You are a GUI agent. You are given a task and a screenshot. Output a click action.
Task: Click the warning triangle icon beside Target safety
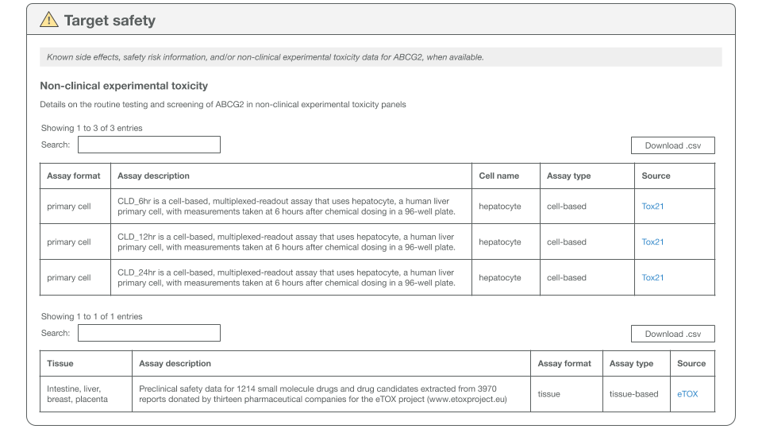[x=49, y=20]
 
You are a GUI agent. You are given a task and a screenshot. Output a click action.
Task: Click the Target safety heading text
[x=110, y=21]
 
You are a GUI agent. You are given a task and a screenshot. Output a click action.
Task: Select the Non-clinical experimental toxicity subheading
[x=124, y=86]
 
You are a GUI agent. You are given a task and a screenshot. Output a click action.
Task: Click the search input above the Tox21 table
[x=148, y=145]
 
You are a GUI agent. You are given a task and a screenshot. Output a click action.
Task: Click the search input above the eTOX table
[x=148, y=333]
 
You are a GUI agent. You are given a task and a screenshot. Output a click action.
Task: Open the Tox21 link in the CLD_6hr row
[x=652, y=207]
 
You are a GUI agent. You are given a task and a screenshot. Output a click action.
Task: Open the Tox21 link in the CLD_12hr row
[x=652, y=242]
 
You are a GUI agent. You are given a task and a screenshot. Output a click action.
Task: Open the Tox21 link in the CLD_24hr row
[x=652, y=278]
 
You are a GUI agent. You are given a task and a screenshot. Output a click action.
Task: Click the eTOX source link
[x=687, y=394]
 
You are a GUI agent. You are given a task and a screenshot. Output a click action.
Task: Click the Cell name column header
[x=498, y=176]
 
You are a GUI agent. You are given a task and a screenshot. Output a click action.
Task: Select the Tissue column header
[x=60, y=364]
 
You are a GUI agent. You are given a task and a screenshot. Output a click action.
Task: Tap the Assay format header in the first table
[x=74, y=176]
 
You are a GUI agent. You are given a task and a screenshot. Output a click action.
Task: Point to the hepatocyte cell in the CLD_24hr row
[x=500, y=278]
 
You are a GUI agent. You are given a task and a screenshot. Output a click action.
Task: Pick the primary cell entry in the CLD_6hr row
[x=69, y=207]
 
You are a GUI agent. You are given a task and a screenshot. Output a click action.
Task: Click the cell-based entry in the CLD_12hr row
[x=567, y=242]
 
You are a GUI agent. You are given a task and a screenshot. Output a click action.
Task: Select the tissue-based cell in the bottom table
[x=633, y=394]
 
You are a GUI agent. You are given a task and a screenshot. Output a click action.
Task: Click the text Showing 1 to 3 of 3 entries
[x=92, y=128]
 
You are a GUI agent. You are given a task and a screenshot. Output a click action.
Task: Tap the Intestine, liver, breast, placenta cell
[x=77, y=394]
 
